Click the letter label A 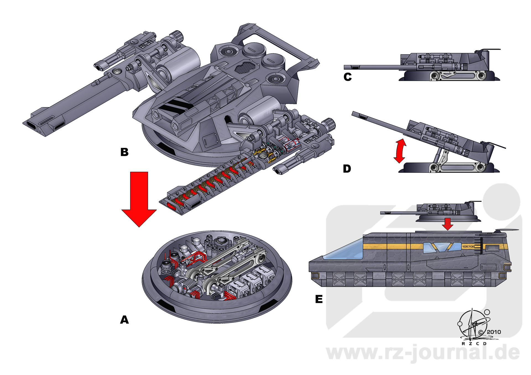pos(124,320)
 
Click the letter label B pos(124,152)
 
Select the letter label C pos(348,77)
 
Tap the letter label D pos(347,168)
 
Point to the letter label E pos(319,299)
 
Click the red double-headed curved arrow pos(400,151)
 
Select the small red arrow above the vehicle pos(447,224)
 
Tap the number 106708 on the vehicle pos(468,246)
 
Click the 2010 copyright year pos(494,332)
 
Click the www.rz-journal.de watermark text pos(423,353)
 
